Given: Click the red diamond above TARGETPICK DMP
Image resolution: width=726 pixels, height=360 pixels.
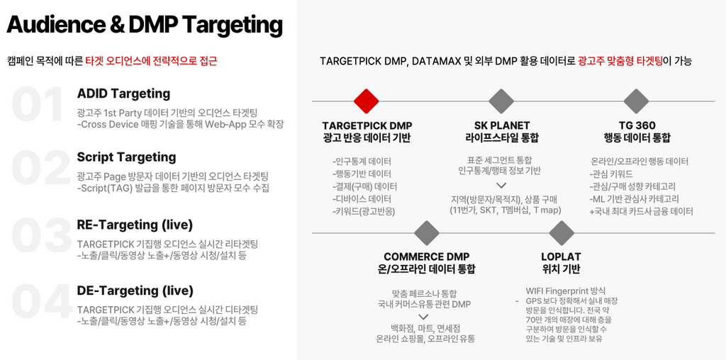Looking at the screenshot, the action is point(367,101).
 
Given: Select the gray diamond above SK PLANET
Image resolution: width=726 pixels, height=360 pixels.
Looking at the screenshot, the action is point(501,101).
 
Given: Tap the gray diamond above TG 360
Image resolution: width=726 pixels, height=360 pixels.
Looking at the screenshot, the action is point(636,101).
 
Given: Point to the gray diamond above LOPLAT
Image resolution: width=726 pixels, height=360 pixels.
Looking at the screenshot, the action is point(562,233).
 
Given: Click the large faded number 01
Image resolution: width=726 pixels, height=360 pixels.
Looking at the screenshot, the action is point(38,105).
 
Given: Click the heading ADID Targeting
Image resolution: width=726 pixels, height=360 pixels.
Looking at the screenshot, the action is point(123,94).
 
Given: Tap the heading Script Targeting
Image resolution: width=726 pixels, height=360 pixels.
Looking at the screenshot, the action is point(126,157).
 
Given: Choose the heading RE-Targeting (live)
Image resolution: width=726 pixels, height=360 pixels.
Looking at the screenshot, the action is point(135,225).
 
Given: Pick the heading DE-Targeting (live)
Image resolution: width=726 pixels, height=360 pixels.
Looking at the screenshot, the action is point(135,291).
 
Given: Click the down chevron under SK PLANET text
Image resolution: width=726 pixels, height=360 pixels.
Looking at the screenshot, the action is point(501,186).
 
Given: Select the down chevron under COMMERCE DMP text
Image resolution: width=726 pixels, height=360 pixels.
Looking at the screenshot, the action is point(423,317).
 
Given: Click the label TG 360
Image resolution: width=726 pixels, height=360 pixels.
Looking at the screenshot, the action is point(637,126).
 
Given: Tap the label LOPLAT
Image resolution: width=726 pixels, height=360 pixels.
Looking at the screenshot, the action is point(561,257).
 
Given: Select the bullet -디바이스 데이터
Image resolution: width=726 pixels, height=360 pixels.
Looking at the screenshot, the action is point(362,199).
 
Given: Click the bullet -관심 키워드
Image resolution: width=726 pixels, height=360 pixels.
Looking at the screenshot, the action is point(611,174).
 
